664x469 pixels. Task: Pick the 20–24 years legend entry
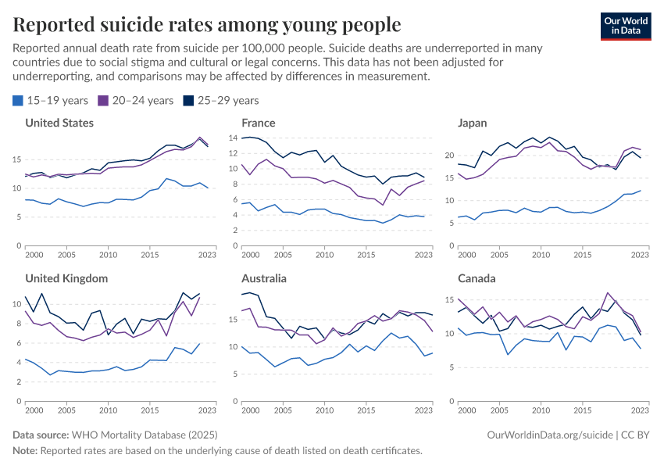click(x=135, y=100)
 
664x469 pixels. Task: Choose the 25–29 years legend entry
click(x=220, y=100)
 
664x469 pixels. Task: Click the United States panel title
click(x=59, y=123)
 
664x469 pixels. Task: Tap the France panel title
click(x=259, y=123)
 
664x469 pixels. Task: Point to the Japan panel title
click(x=473, y=123)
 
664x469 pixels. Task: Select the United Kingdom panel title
click(x=66, y=278)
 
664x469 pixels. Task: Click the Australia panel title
click(x=264, y=278)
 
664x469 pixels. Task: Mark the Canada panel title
click(x=477, y=278)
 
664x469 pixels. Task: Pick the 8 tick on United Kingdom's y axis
click(x=17, y=324)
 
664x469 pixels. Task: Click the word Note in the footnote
click(x=25, y=450)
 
